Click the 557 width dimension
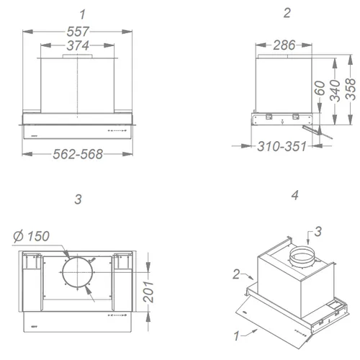[78, 32]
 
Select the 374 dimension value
[78, 45]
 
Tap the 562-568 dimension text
[78, 154]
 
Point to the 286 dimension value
[284, 45]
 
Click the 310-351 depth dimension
[282, 146]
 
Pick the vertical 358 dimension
[351, 89]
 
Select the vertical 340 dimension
[335, 91]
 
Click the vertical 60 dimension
[320, 88]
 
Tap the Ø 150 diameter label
[32, 236]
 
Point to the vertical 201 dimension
[148, 292]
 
